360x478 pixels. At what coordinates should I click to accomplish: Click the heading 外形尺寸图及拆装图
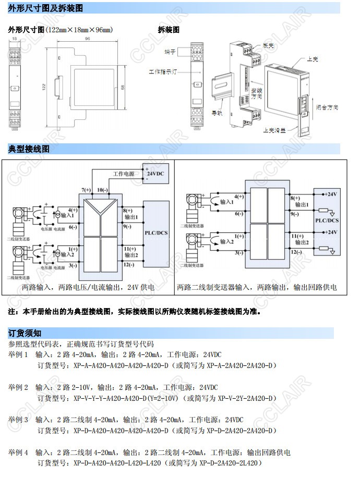[45, 8]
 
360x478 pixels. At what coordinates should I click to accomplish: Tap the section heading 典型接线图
[29, 149]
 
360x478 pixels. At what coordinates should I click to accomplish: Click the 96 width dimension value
[87, 39]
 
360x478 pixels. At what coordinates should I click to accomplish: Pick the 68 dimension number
[123, 88]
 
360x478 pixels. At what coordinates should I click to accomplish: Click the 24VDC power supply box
[155, 174]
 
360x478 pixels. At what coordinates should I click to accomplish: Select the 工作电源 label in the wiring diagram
[124, 174]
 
